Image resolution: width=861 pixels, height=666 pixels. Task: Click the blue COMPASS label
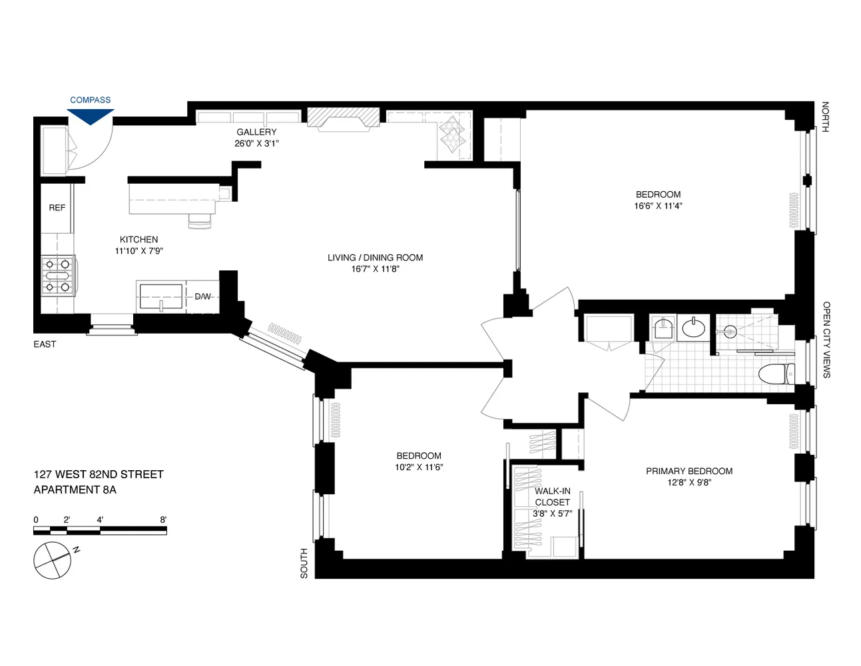(x=90, y=100)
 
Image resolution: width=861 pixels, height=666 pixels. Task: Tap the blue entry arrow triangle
(x=91, y=116)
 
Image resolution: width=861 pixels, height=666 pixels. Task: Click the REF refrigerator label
(x=57, y=208)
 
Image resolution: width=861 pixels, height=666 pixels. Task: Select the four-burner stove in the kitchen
(x=57, y=276)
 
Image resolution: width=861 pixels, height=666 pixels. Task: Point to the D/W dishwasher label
(x=202, y=296)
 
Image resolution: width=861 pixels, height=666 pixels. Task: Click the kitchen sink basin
(x=160, y=296)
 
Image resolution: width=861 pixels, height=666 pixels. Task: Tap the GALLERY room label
(x=256, y=132)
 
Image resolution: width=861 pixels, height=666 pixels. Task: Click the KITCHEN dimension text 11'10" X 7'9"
(x=139, y=251)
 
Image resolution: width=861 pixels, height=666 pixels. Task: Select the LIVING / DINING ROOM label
(x=375, y=258)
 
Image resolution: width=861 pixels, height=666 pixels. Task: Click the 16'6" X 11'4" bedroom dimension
(x=658, y=206)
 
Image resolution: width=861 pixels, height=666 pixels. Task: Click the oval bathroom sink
(x=693, y=328)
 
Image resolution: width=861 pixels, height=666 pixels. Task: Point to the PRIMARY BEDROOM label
(x=689, y=471)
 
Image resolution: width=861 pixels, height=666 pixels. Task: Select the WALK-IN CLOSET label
(x=553, y=497)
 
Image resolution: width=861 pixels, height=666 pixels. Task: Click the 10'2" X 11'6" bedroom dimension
(x=419, y=468)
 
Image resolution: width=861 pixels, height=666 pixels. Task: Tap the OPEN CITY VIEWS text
(x=826, y=340)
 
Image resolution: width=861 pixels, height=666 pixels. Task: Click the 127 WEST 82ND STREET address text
(x=99, y=474)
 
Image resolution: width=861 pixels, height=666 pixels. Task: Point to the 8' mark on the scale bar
(x=163, y=519)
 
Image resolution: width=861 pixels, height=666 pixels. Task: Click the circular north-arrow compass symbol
(x=52, y=560)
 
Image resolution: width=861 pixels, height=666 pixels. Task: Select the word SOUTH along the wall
(x=304, y=563)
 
